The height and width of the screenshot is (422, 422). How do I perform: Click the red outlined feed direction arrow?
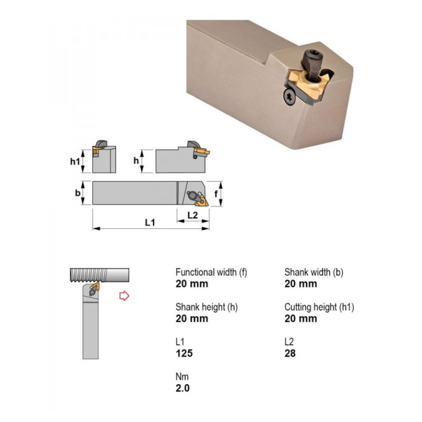(124, 296)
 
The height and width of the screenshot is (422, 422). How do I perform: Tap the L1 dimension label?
(150, 223)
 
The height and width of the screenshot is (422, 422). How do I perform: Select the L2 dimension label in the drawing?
(193, 215)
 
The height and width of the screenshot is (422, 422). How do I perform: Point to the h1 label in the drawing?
(75, 161)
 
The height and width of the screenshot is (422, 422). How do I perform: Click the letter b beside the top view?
(78, 193)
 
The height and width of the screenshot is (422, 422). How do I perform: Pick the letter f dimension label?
(216, 193)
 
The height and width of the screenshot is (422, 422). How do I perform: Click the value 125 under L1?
(184, 353)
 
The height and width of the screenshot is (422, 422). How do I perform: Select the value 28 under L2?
(290, 353)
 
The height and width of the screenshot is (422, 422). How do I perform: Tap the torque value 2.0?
(183, 388)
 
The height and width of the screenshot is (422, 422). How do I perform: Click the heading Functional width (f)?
(212, 272)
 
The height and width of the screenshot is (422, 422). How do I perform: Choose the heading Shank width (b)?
(314, 272)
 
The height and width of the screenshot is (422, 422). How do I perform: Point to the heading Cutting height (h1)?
(319, 307)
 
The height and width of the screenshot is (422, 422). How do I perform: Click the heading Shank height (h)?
(207, 307)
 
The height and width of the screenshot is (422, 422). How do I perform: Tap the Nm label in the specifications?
(182, 377)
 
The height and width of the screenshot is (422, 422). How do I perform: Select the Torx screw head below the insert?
(290, 97)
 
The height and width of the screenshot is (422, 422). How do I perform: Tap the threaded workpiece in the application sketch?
(100, 275)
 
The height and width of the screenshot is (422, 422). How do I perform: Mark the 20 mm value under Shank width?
(301, 284)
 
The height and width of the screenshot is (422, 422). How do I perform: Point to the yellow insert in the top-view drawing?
(203, 200)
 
